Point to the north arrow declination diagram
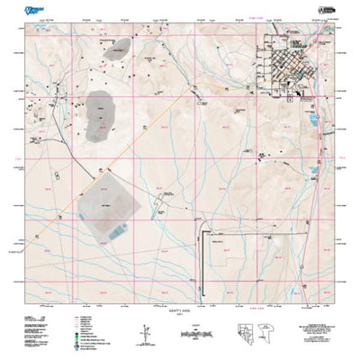[x=144, y=332]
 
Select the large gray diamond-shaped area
[x=113, y=210]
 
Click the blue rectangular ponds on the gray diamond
[x=119, y=232]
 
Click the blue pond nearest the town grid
[x=314, y=118]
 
